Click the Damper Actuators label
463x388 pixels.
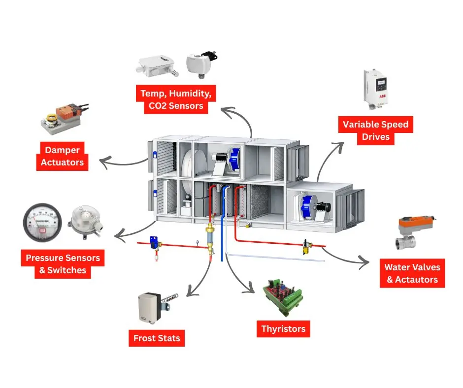pos(62,156)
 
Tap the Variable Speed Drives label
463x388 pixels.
pos(375,130)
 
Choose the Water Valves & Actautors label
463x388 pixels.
pos(412,273)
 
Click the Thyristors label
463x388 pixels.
pos(283,328)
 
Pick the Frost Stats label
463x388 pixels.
pos(157,338)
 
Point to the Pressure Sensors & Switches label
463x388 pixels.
pos(63,264)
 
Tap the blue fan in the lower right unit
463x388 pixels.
pos(308,205)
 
